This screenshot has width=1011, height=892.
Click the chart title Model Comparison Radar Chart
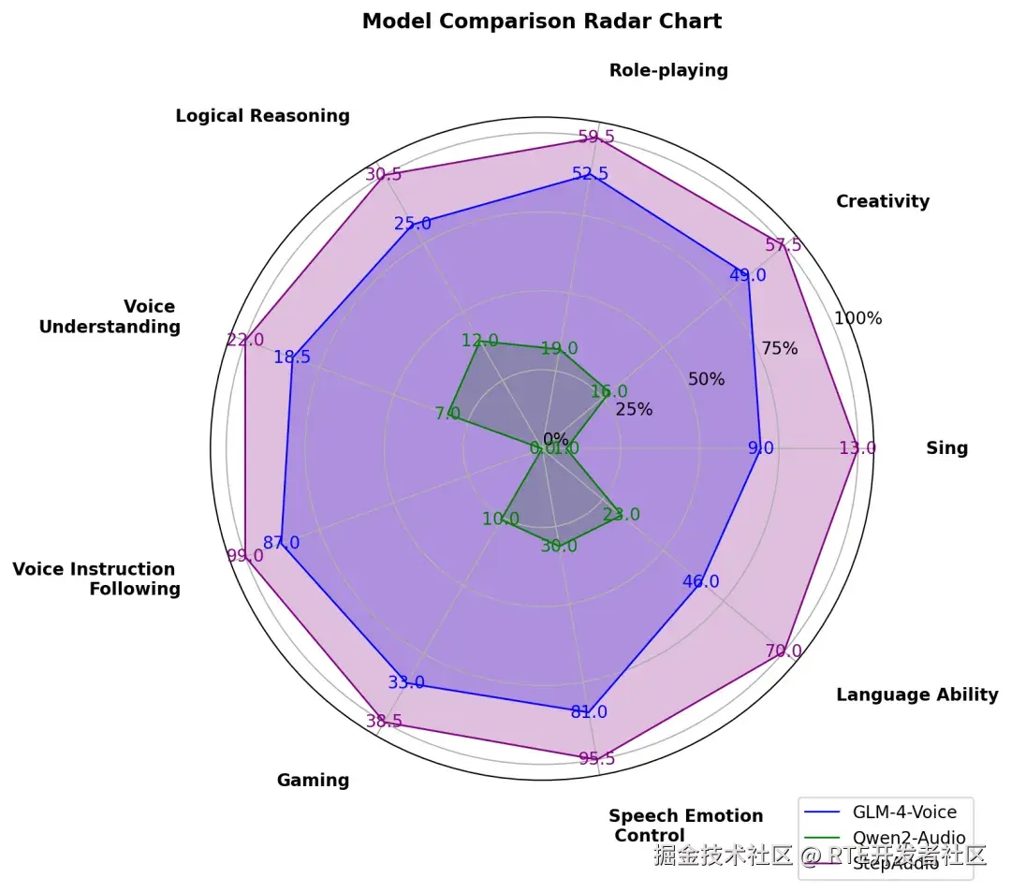click(542, 22)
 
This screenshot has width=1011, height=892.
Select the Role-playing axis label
click(668, 70)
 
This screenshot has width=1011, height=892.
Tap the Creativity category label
click(883, 201)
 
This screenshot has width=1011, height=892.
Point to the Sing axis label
click(946, 448)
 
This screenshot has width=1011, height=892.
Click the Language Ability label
click(916, 695)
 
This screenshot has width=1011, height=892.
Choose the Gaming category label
click(313, 781)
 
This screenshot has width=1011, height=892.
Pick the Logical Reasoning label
click(262, 116)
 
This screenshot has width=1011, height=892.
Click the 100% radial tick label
click(858, 318)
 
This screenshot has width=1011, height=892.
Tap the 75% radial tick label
click(779, 349)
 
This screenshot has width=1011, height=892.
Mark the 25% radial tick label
click(634, 409)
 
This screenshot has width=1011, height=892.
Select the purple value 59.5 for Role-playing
click(596, 137)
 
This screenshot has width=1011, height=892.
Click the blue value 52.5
click(590, 173)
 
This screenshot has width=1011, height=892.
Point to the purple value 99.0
click(244, 556)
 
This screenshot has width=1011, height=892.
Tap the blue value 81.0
click(589, 712)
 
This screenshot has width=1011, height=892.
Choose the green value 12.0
click(480, 341)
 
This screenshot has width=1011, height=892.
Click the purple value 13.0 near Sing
click(857, 448)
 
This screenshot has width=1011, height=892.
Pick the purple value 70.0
click(783, 651)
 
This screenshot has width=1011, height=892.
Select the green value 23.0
click(622, 515)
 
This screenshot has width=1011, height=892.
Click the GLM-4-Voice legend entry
click(904, 812)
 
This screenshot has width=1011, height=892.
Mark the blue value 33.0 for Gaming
click(405, 683)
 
